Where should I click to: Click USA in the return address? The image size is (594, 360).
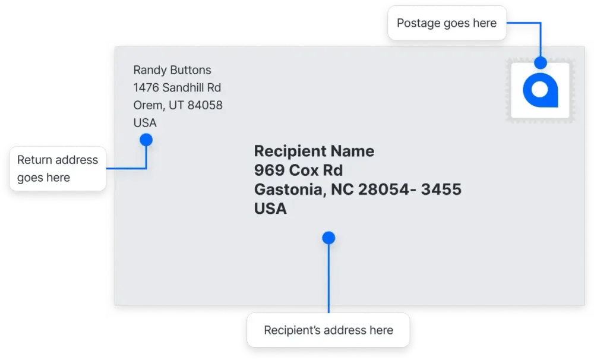tap(145, 123)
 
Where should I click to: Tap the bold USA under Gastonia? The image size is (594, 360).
tap(270, 209)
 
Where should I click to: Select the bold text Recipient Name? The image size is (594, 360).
tap(314, 151)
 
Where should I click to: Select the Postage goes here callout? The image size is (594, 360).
tap(446, 24)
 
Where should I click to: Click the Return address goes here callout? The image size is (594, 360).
tap(57, 169)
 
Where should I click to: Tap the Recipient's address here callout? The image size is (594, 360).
tap(328, 330)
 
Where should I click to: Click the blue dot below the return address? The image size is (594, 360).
tap(146, 140)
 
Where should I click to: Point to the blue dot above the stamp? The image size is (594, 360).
tap(540, 62)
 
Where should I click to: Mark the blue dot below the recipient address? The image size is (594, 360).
tap(328, 238)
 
